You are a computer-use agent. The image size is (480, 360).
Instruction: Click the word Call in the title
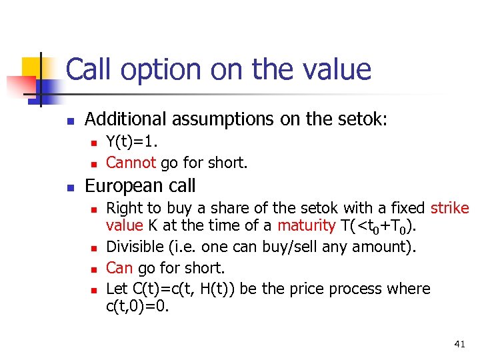89,69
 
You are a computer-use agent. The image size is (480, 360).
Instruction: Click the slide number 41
459,344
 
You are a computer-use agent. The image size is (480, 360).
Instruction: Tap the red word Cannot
131,162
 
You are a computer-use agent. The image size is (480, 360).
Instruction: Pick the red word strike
450,208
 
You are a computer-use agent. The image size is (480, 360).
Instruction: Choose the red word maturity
305,226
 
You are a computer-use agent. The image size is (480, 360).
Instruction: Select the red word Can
119,267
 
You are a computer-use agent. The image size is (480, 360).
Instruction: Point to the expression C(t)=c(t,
157,289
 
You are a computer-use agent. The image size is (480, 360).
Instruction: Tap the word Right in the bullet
123,208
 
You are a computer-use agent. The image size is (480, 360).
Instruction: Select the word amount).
387,247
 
